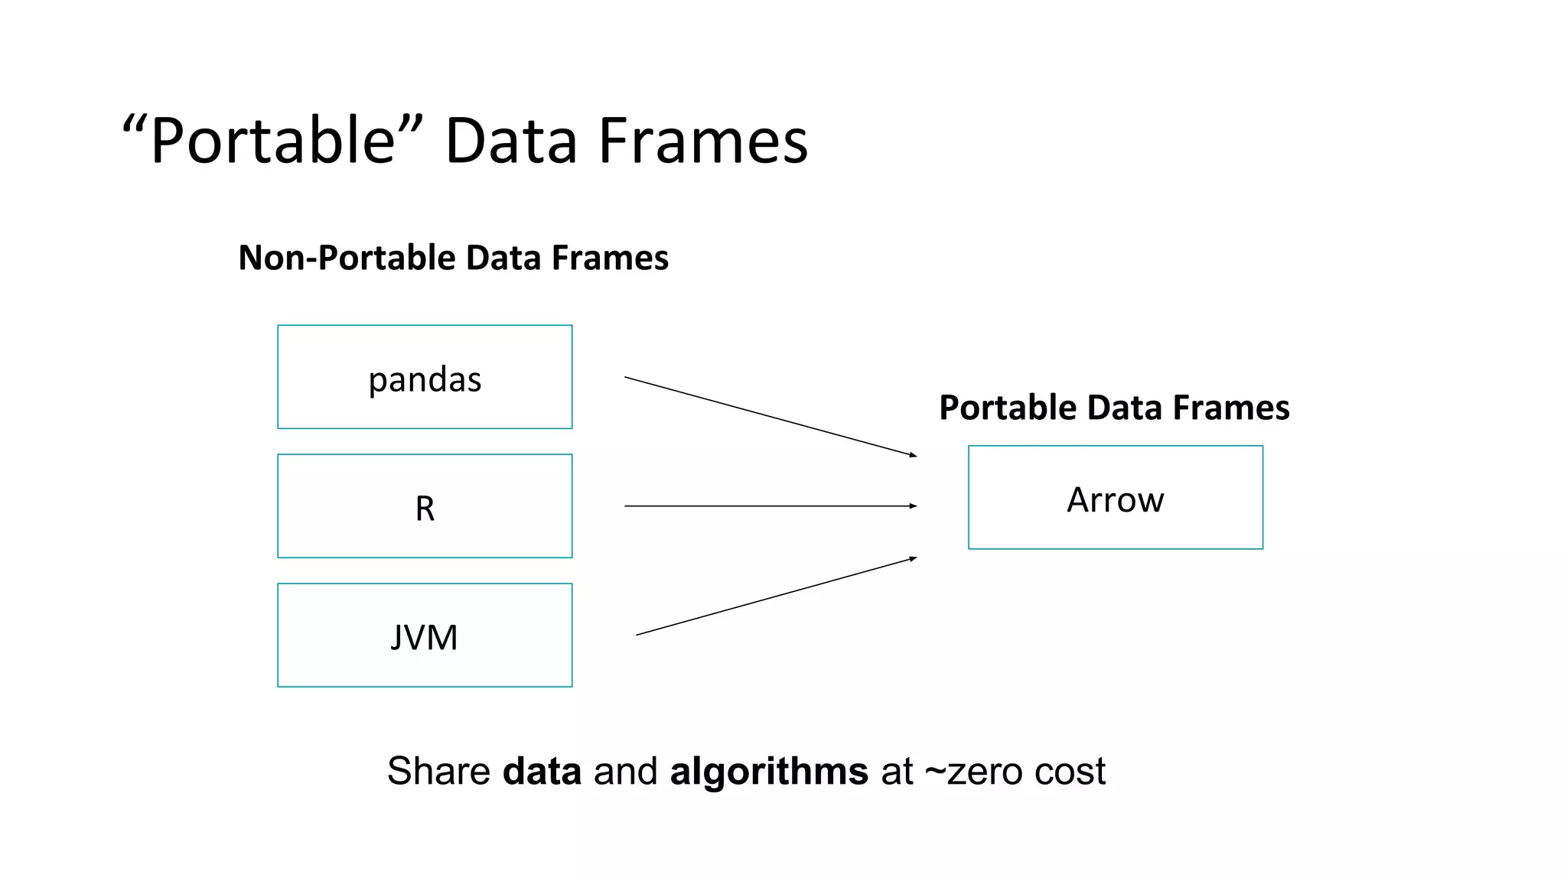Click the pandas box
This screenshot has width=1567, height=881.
click(x=425, y=377)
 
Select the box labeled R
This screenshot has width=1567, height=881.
click(x=425, y=506)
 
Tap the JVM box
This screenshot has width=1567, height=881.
click(x=425, y=636)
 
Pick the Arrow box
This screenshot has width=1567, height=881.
click(x=1115, y=498)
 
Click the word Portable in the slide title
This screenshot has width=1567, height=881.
click(x=272, y=141)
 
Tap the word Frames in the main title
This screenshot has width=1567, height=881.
click(x=702, y=141)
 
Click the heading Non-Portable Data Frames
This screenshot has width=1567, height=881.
click(x=453, y=258)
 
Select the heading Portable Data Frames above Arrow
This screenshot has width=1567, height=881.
click(x=1114, y=408)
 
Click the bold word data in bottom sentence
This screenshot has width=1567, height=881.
click(x=542, y=771)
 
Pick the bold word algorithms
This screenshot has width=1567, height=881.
click(x=769, y=771)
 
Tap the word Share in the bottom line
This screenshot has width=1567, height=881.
click(x=438, y=771)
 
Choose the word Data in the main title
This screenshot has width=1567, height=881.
click(x=511, y=141)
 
